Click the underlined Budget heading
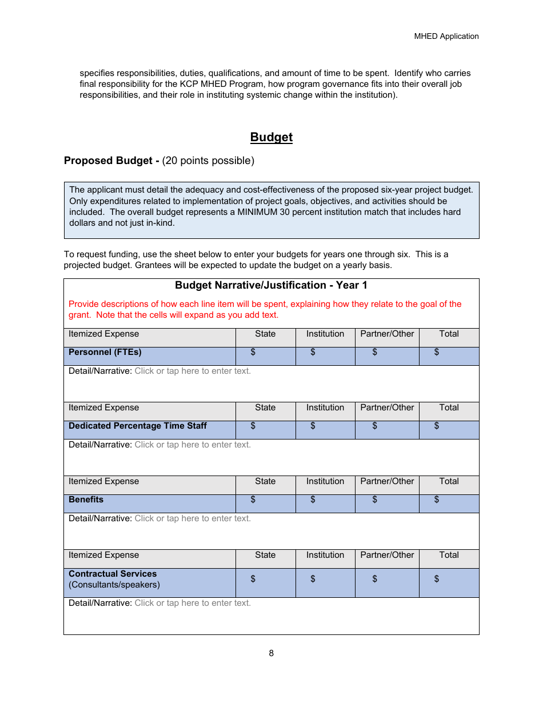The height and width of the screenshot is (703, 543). coord(271,137)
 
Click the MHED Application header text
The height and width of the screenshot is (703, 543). coord(446,36)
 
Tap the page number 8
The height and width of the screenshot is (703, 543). coord(271,653)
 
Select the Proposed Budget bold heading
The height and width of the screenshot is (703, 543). coord(111,161)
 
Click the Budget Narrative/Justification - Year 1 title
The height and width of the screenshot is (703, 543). coord(271,285)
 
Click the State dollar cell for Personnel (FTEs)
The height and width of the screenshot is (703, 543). coord(265,356)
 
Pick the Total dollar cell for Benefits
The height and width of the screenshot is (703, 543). coord(449,504)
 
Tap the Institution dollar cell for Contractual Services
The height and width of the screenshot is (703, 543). coord(325,582)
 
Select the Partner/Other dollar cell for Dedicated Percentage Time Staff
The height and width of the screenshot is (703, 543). coord(387,430)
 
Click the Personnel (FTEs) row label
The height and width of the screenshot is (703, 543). coord(105,352)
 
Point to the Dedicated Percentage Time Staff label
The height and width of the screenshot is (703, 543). coord(137,426)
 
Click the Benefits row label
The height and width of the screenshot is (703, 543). coord(86,500)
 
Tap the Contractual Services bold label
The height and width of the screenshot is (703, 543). coord(113,573)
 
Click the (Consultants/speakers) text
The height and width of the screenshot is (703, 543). coord(114,585)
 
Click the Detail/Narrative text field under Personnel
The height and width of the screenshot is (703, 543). coord(192,371)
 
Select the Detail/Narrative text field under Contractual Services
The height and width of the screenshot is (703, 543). coord(192,603)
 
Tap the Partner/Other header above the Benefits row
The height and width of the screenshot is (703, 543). coord(387,481)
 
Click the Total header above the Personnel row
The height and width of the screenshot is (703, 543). coord(449,334)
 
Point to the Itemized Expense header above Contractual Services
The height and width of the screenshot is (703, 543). coord(103,555)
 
